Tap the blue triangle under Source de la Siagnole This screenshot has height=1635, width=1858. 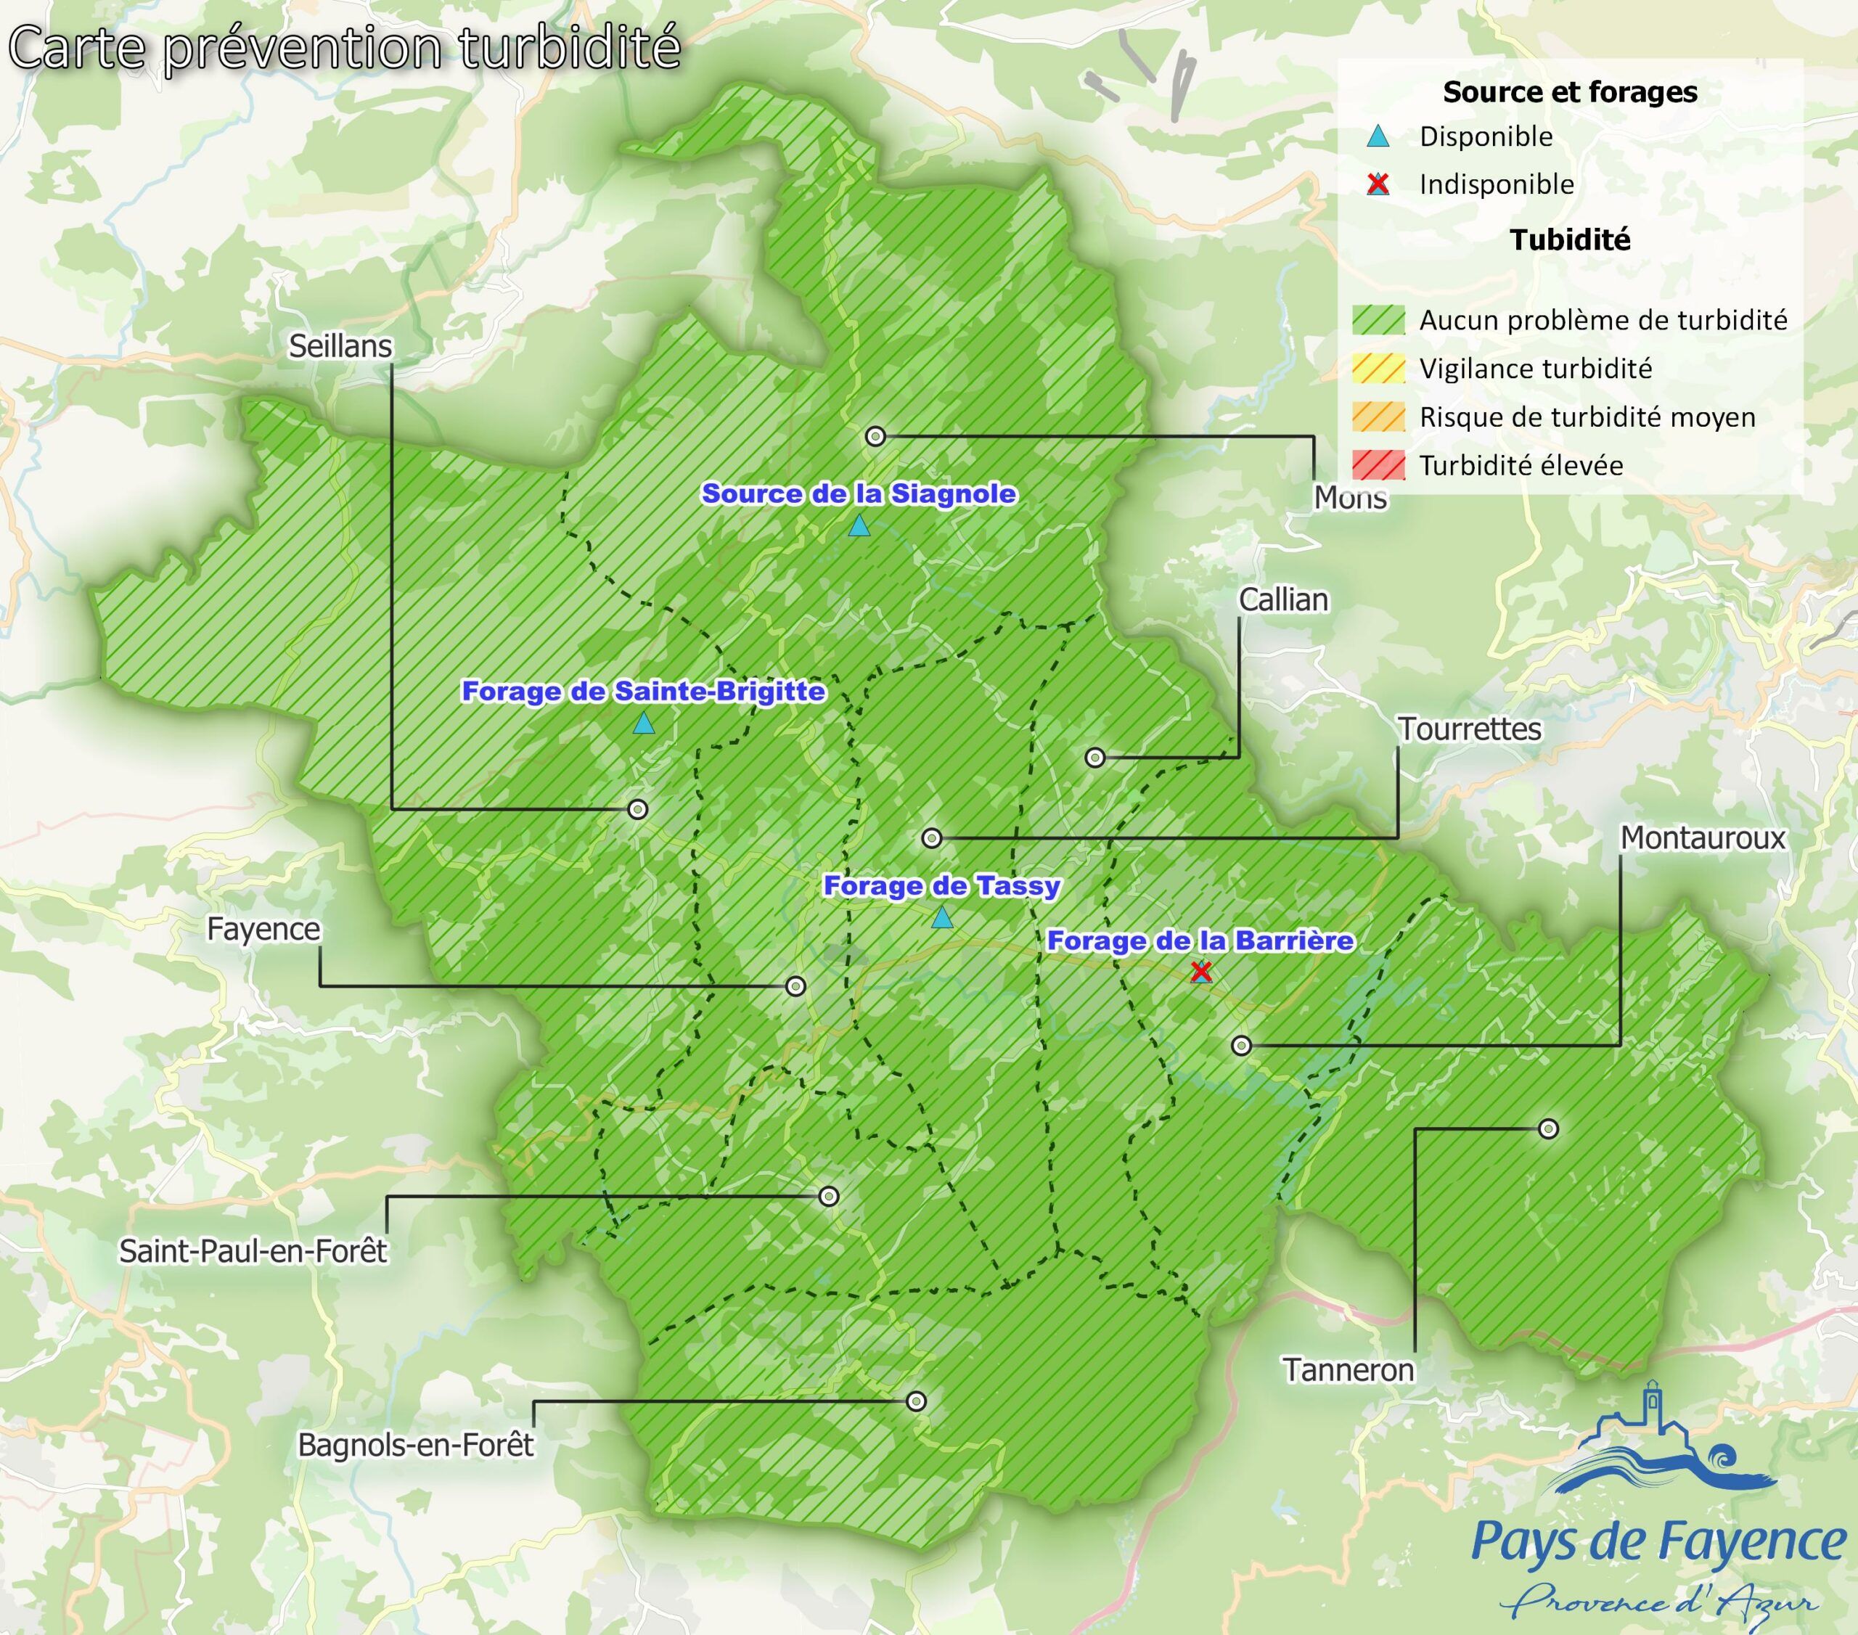coord(859,526)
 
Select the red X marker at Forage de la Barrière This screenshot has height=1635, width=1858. coord(1200,972)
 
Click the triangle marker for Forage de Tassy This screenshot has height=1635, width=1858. coord(943,917)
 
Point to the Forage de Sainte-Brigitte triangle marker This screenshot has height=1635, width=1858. coord(644,724)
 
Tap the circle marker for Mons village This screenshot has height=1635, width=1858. coord(875,436)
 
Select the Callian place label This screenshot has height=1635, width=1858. coord(1283,600)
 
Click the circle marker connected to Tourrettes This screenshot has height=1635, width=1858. coord(932,838)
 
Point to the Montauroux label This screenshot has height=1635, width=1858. coord(1703,838)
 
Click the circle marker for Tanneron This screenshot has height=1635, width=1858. coord(1549,1128)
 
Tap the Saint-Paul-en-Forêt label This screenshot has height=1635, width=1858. coord(253,1252)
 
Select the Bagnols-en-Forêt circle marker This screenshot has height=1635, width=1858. coord(916,1401)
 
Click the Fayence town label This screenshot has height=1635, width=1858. coord(263,930)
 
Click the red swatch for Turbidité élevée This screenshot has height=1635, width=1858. coord(1378,465)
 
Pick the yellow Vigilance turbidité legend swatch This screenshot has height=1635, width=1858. coord(1378,369)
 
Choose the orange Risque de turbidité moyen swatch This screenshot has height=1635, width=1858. coord(1378,417)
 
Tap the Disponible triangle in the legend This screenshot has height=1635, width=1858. coord(1378,137)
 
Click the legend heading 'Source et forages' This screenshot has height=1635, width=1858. coord(1570,91)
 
